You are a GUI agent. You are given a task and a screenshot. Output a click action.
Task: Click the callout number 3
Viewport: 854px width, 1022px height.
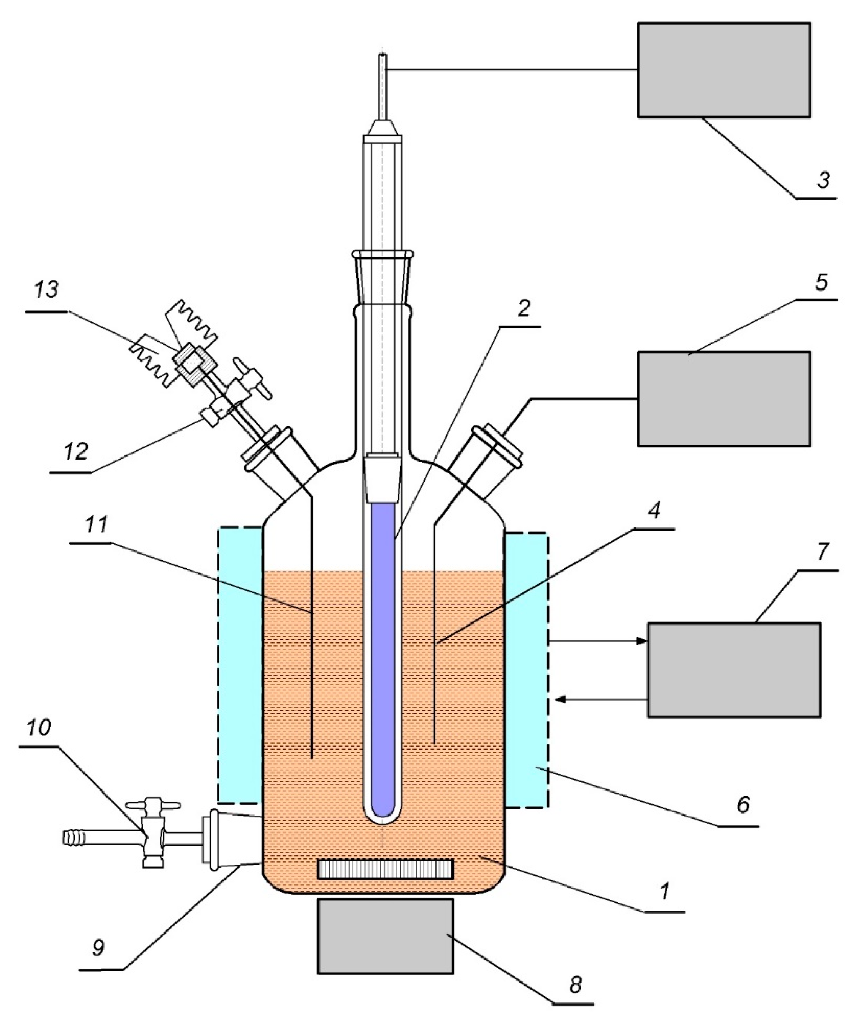tap(822, 180)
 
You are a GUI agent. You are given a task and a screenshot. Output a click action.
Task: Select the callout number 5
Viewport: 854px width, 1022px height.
tap(821, 283)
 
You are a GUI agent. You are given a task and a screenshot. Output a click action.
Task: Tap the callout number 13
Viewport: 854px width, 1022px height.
tap(47, 290)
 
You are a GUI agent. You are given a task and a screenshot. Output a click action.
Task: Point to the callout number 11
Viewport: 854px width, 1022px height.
tap(96, 526)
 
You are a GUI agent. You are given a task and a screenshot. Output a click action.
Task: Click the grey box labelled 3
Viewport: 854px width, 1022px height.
tap(723, 70)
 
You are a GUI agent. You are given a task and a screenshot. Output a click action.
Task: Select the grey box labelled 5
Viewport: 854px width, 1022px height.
tap(723, 399)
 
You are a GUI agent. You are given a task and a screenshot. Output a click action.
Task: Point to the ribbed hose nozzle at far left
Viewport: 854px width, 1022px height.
tap(74, 837)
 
